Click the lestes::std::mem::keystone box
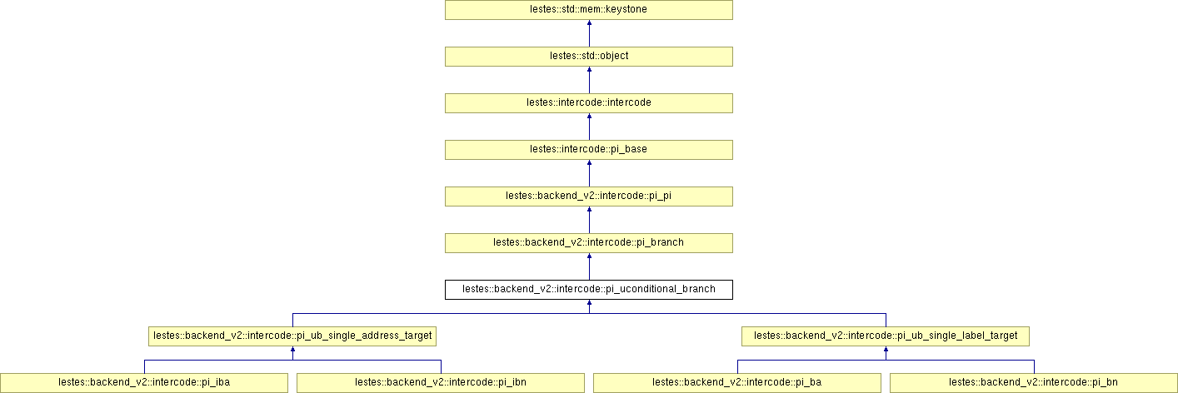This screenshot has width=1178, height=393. (x=588, y=10)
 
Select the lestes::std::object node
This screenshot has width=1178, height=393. (x=588, y=57)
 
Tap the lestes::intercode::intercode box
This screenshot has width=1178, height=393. (x=588, y=103)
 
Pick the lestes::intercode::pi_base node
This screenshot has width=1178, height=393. (x=588, y=150)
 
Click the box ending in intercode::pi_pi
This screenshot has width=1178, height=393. (x=588, y=196)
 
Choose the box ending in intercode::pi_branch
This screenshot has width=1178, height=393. (x=588, y=243)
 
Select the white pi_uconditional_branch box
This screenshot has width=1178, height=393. (x=588, y=290)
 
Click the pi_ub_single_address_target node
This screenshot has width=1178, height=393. (x=292, y=336)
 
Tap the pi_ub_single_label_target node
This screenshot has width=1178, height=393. (x=886, y=336)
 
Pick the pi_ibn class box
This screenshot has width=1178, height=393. (x=440, y=383)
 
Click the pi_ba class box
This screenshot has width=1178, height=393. (x=736, y=383)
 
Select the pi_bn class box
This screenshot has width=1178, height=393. (x=1033, y=383)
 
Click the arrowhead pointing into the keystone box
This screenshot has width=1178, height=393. (x=589, y=24)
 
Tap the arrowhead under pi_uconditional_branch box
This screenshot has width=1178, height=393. (x=589, y=304)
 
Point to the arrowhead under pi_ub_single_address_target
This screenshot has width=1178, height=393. (x=292, y=351)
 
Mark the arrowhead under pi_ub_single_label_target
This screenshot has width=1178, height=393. (x=886, y=351)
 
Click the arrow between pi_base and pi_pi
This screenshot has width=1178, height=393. (x=589, y=173)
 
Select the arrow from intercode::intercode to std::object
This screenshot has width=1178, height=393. (x=589, y=80)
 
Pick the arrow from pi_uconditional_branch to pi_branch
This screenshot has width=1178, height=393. (x=589, y=266)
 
